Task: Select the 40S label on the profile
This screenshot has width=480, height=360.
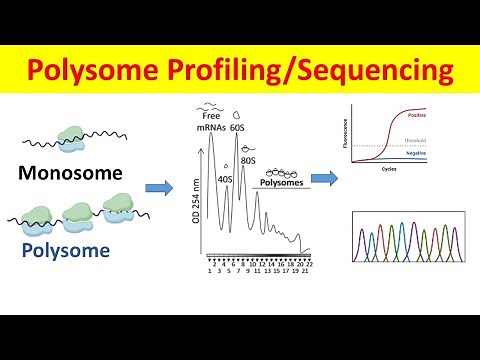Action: tap(227, 179)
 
